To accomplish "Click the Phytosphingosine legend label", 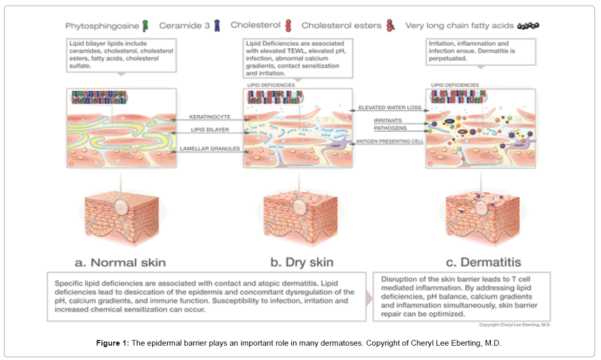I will click(x=102, y=25).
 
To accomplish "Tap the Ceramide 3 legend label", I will click(x=184, y=25).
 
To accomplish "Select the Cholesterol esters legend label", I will click(x=342, y=25).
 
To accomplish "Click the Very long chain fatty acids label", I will click(x=459, y=25).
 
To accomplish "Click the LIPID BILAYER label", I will click(x=209, y=130).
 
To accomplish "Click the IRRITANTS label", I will click(x=388, y=121).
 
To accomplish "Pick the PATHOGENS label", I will click(x=389, y=128).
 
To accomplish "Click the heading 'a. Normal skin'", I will click(x=121, y=263).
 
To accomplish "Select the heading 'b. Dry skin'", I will click(x=302, y=263).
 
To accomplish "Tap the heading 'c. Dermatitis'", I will click(x=483, y=263).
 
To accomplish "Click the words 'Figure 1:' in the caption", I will click(x=112, y=343).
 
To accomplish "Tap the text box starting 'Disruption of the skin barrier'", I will click(x=461, y=296).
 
